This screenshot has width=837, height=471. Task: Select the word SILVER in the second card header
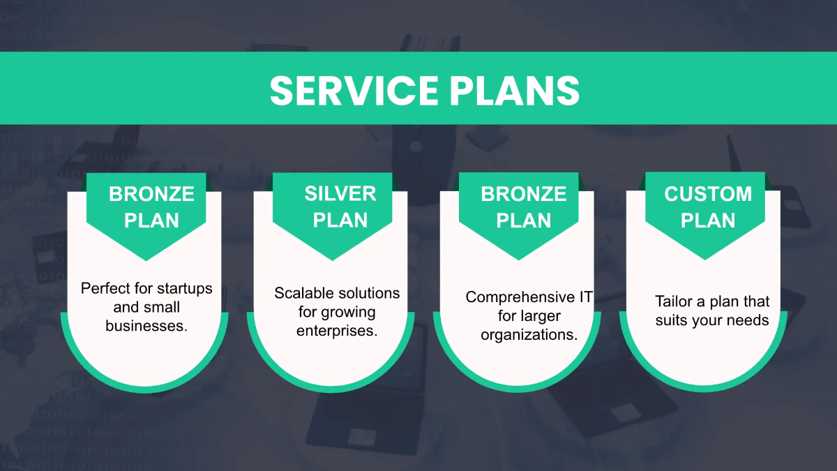[x=340, y=193]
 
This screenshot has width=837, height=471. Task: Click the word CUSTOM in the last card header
[x=708, y=193]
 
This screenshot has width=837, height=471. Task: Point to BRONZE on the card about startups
[x=151, y=193]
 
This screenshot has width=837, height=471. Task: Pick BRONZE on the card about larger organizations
[x=524, y=193]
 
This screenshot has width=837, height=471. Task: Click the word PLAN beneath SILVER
[x=340, y=220]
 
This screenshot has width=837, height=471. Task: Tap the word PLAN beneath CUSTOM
[x=708, y=220]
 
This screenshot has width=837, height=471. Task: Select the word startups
[x=183, y=288]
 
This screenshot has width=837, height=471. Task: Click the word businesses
[x=146, y=325]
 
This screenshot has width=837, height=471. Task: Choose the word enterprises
[x=337, y=330]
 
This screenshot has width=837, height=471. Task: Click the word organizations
[x=529, y=334]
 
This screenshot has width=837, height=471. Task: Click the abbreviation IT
[x=586, y=297]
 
